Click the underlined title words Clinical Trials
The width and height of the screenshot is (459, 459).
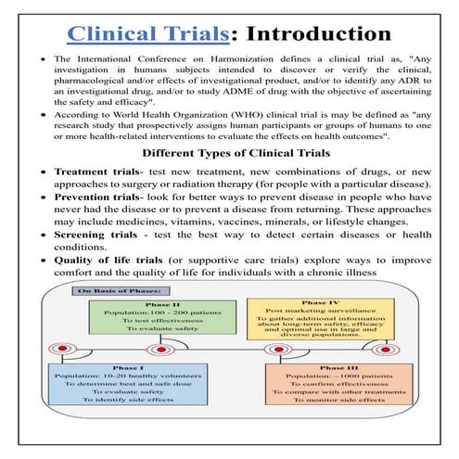pos(148,33)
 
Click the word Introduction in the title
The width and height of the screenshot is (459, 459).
pos(319,33)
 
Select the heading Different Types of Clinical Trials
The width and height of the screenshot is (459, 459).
pos(236,153)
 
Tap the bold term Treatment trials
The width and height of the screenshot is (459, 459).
pos(97,172)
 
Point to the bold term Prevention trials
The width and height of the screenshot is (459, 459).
pos(97,197)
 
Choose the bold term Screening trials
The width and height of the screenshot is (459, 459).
pos(96,235)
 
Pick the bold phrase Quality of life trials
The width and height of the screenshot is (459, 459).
pos(108,261)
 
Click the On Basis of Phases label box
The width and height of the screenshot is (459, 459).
pos(121,291)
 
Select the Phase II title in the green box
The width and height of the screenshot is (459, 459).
pos(162,305)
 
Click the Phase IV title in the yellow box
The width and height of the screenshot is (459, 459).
pos(321,303)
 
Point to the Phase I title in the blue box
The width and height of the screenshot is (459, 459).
pos(128,368)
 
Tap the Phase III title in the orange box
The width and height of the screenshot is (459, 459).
pos(339,368)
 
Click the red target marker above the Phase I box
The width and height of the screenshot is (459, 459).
pos(62,349)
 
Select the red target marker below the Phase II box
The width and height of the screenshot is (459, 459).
pos(161,350)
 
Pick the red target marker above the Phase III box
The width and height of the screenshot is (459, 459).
pos(279,350)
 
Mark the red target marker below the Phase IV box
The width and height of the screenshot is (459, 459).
pos(386,350)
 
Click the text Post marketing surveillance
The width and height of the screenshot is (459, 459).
pos(321,311)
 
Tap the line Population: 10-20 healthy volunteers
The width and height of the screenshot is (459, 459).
pos(128,376)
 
